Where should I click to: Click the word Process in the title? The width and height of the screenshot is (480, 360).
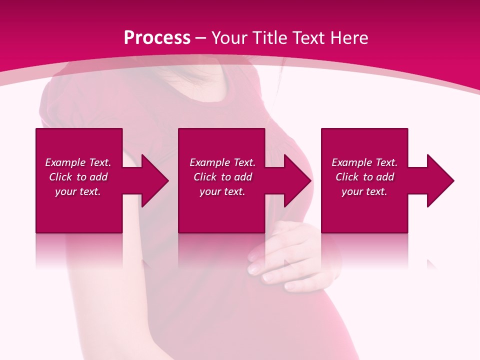pos(157,38)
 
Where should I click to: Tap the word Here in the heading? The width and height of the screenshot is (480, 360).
pos(348,38)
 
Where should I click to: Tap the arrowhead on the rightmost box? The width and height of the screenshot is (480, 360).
pos(439,180)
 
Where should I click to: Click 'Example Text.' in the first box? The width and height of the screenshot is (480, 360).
pos(78,162)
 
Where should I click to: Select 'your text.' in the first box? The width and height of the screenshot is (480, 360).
pos(78,191)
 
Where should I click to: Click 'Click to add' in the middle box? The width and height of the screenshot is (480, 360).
pos(222,177)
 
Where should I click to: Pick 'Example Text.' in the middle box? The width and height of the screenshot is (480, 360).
pos(222,162)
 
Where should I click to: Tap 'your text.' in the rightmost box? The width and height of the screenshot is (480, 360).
pos(364,191)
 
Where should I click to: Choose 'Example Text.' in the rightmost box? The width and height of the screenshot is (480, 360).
pos(364,162)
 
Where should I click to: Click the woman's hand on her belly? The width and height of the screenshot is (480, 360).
pos(285,255)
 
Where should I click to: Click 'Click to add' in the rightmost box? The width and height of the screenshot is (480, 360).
pos(364,177)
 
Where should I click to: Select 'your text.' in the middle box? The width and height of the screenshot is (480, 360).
pos(222,191)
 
